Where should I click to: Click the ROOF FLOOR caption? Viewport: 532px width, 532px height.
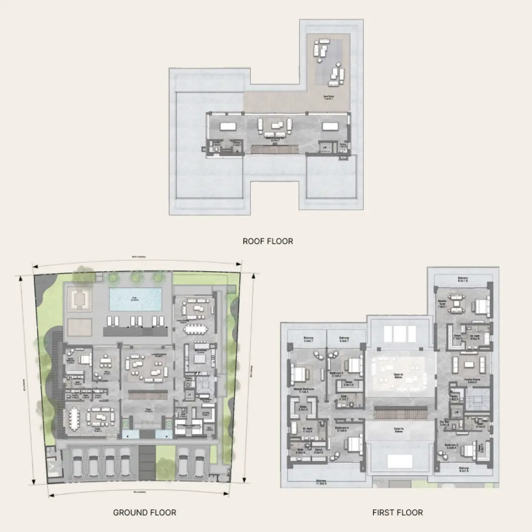point(267,241)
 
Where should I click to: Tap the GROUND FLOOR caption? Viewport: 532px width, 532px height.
point(145,512)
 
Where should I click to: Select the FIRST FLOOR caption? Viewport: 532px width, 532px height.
point(398,512)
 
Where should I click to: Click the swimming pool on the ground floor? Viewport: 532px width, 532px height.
point(135,299)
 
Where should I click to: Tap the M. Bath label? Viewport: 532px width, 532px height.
point(307,429)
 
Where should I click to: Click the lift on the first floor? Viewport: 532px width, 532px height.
point(455,412)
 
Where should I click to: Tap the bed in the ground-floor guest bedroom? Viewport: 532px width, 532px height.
point(85,359)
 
